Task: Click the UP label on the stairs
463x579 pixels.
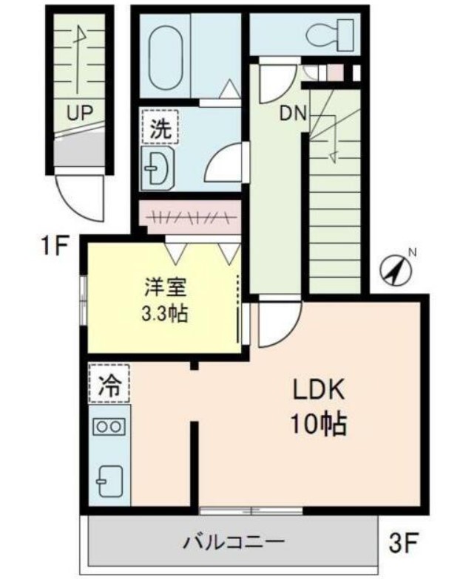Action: pos(81,113)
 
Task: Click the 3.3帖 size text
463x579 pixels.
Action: pos(164,314)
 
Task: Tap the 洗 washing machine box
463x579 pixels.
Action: pos(160,129)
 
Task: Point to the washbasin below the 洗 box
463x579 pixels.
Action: pos(158,170)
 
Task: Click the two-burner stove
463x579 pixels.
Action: pos(109,426)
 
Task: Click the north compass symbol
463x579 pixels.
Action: pos(396,270)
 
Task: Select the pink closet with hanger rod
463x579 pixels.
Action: pos(190,217)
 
